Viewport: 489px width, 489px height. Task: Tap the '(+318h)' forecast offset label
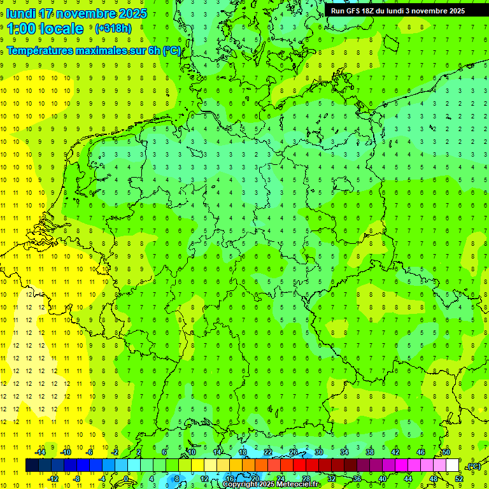click(x=113, y=28)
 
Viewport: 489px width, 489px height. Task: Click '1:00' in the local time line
click(x=21, y=29)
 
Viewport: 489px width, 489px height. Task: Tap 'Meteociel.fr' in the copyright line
click(x=297, y=485)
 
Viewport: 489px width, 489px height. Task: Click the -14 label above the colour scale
click(x=40, y=452)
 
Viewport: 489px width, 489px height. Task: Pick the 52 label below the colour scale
click(x=458, y=479)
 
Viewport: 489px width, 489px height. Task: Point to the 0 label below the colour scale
click(x=126, y=479)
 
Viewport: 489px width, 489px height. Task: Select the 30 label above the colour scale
click(x=318, y=452)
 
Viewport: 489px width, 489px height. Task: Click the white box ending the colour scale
click(x=452, y=465)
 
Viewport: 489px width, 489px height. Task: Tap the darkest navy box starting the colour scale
click(x=32, y=465)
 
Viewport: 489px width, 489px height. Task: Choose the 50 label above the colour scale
click(x=446, y=452)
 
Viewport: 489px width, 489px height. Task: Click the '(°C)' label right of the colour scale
click(x=473, y=466)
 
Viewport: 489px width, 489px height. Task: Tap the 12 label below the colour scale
click(x=204, y=479)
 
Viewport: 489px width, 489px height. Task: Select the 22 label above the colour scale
click(x=267, y=452)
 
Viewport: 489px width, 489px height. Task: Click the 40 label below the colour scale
click(x=382, y=479)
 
